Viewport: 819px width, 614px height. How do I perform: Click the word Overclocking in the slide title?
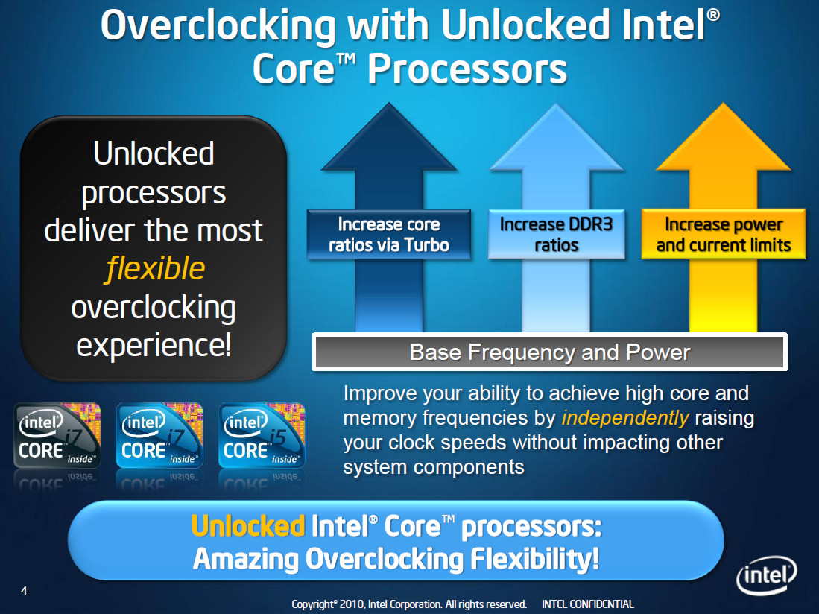pyautogui.click(x=218, y=26)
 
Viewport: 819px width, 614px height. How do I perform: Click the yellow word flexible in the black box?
pyautogui.click(x=155, y=269)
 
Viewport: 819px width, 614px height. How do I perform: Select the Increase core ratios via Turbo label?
pyautogui.click(x=389, y=235)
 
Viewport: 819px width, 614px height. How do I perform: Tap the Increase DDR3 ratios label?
pyautogui.click(x=556, y=235)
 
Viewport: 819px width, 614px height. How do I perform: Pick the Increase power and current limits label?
pyautogui.click(x=724, y=235)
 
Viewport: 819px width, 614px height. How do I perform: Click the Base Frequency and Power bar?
pyautogui.click(x=550, y=352)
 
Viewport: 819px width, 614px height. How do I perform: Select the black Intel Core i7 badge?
pyautogui.click(x=57, y=435)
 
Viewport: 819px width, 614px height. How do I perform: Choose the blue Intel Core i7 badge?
pyautogui.click(x=159, y=435)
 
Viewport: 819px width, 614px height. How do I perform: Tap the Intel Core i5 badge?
pyautogui.click(x=262, y=435)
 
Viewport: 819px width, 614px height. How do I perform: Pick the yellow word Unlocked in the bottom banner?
pyautogui.click(x=248, y=526)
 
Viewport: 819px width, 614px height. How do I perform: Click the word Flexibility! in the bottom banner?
pyautogui.click(x=534, y=560)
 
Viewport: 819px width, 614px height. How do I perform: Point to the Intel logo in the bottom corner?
pyautogui.click(x=767, y=575)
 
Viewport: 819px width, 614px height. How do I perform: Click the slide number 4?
pyautogui.click(x=24, y=590)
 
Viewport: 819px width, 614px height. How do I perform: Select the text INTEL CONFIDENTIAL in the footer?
pyautogui.click(x=588, y=604)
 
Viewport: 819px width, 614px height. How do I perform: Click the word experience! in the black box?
pyautogui.click(x=154, y=346)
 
